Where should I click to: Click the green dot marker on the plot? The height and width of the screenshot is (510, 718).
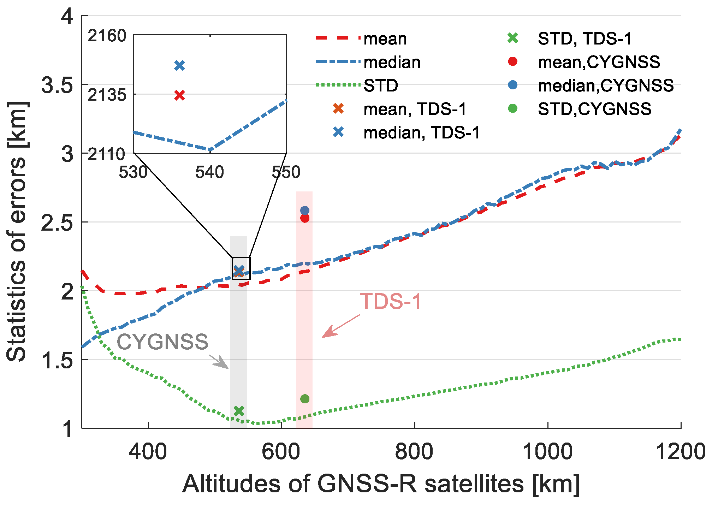[304, 399]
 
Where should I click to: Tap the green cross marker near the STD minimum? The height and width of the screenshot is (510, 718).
[239, 411]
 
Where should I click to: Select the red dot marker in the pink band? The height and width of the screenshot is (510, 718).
[304, 218]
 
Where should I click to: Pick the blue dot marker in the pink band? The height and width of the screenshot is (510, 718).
[304, 210]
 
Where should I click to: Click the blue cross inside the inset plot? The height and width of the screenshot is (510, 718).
[180, 65]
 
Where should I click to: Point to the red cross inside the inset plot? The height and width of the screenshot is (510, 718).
[180, 95]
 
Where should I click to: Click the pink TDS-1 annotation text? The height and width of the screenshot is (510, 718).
[391, 302]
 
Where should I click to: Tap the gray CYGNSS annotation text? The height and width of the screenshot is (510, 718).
[162, 342]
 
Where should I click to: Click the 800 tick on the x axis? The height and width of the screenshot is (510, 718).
[414, 452]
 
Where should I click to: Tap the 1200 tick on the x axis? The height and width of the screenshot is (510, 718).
[680, 452]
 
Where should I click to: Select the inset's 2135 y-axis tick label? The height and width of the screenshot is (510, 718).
[107, 95]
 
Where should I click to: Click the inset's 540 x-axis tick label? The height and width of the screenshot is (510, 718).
[210, 172]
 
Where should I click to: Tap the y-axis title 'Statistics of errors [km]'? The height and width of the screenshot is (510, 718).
[17, 231]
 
